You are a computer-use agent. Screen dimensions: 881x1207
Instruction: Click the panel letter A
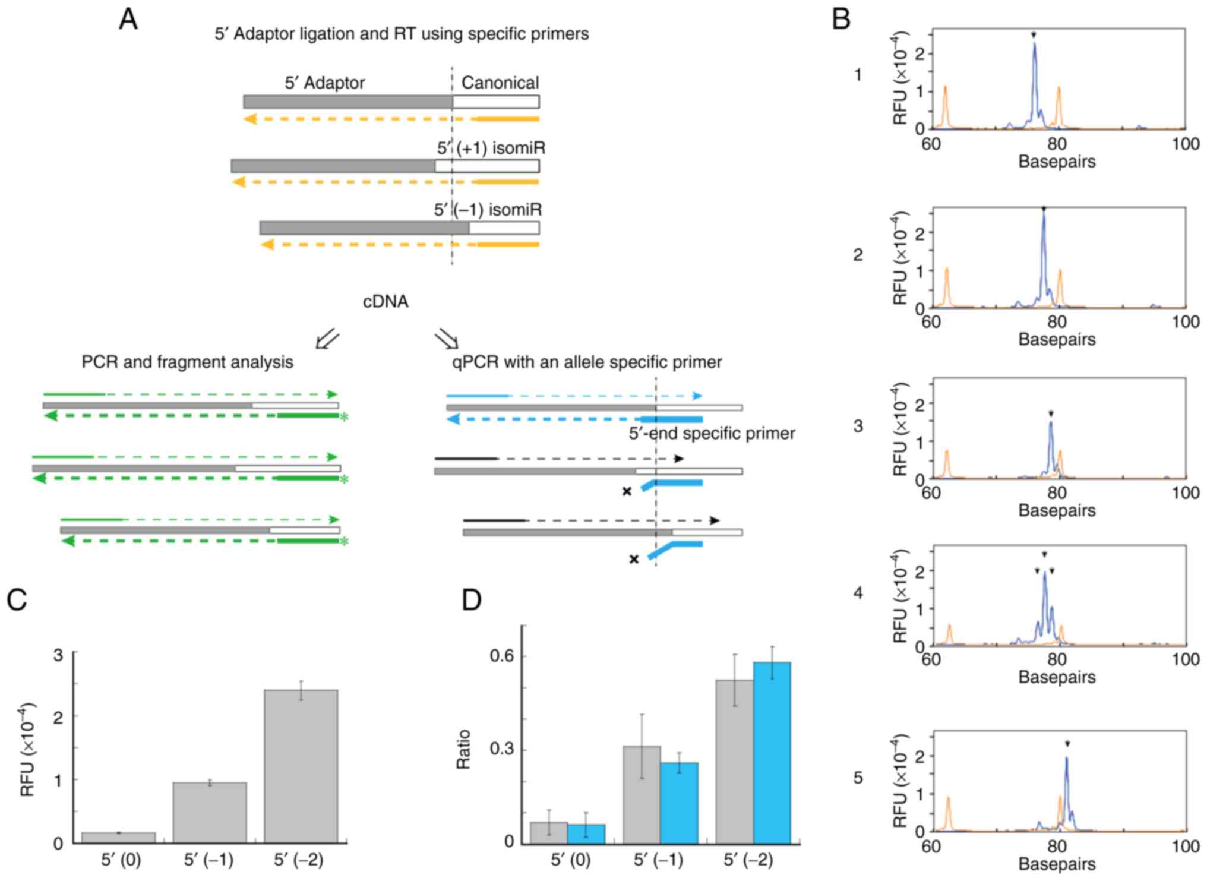(128, 19)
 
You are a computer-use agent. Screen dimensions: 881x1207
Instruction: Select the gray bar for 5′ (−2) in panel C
(301, 766)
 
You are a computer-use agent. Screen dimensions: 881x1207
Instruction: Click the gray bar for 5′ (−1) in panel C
(210, 812)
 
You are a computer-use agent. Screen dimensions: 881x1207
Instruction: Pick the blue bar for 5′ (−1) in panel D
(679, 802)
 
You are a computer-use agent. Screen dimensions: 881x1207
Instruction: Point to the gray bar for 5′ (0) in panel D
(548, 832)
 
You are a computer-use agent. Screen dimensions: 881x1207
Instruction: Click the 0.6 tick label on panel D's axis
(502, 656)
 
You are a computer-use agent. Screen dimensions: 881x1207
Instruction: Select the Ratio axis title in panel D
(463, 749)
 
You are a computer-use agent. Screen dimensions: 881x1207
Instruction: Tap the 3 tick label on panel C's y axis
(58, 655)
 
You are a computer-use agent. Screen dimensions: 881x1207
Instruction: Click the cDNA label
(386, 302)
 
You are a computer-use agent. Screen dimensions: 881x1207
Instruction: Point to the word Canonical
(500, 83)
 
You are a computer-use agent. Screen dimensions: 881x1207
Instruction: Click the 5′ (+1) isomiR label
(491, 148)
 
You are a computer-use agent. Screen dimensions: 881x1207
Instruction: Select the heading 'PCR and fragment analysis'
(187, 362)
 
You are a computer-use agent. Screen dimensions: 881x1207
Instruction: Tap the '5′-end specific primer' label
(712, 434)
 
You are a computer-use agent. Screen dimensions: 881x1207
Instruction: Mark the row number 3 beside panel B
(858, 426)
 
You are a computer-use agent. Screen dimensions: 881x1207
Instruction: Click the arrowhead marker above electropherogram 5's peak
(1067, 744)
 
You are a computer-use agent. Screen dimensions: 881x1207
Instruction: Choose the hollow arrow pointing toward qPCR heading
(446, 339)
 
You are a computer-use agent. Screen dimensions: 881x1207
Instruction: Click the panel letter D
(472, 601)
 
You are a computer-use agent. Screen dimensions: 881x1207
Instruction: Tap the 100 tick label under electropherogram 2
(1185, 322)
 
